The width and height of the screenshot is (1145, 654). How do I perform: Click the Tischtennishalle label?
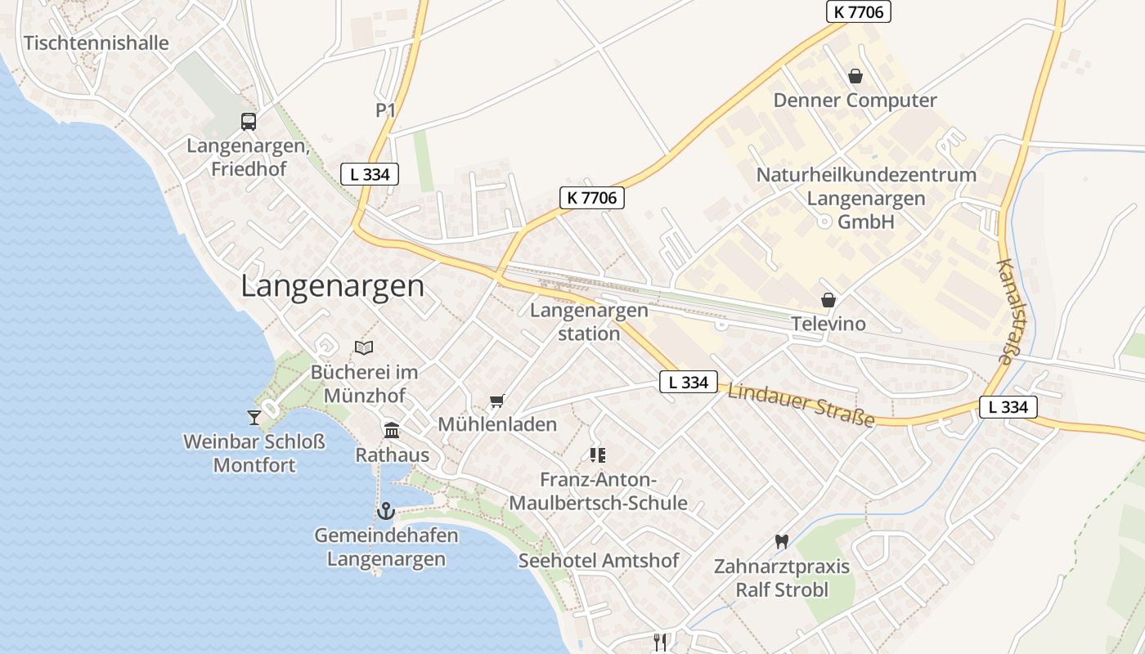pyautogui.click(x=97, y=43)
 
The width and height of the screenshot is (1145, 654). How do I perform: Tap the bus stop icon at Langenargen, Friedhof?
pyautogui.click(x=248, y=122)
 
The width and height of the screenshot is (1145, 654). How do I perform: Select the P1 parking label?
pyautogui.click(x=386, y=110)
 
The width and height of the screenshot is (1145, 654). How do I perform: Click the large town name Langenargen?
pyautogui.click(x=333, y=287)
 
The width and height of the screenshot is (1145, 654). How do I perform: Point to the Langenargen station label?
pyautogui.click(x=589, y=322)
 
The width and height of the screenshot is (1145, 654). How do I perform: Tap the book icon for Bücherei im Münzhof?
pyautogui.click(x=364, y=347)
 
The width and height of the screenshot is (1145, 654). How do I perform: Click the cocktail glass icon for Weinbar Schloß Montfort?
pyautogui.click(x=254, y=417)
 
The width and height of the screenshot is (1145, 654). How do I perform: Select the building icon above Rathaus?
pyautogui.click(x=392, y=430)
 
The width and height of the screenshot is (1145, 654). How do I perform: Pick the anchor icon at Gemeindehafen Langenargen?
pyautogui.click(x=385, y=512)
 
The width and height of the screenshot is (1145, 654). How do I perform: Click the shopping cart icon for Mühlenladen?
pyautogui.click(x=496, y=401)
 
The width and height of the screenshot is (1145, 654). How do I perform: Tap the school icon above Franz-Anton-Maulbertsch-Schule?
pyautogui.click(x=597, y=455)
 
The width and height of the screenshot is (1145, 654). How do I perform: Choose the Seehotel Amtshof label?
pyautogui.click(x=599, y=561)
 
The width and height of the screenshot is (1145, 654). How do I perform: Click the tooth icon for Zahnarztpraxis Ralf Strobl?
pyautogui.click(x=781, y=541)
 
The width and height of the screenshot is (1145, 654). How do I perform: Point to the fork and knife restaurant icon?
pyautogui.click(x=660, y=642)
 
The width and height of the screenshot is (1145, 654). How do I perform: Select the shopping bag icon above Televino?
pyautogui.click(x=828, y=300)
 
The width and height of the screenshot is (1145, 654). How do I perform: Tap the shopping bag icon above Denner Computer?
pyautogui.click(x=855, y=76)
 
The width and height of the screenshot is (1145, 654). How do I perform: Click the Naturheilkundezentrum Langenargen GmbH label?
pyautogui.click(x=865, y=199)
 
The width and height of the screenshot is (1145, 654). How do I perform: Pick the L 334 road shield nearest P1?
pyautogui.click(x=370, y=173)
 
